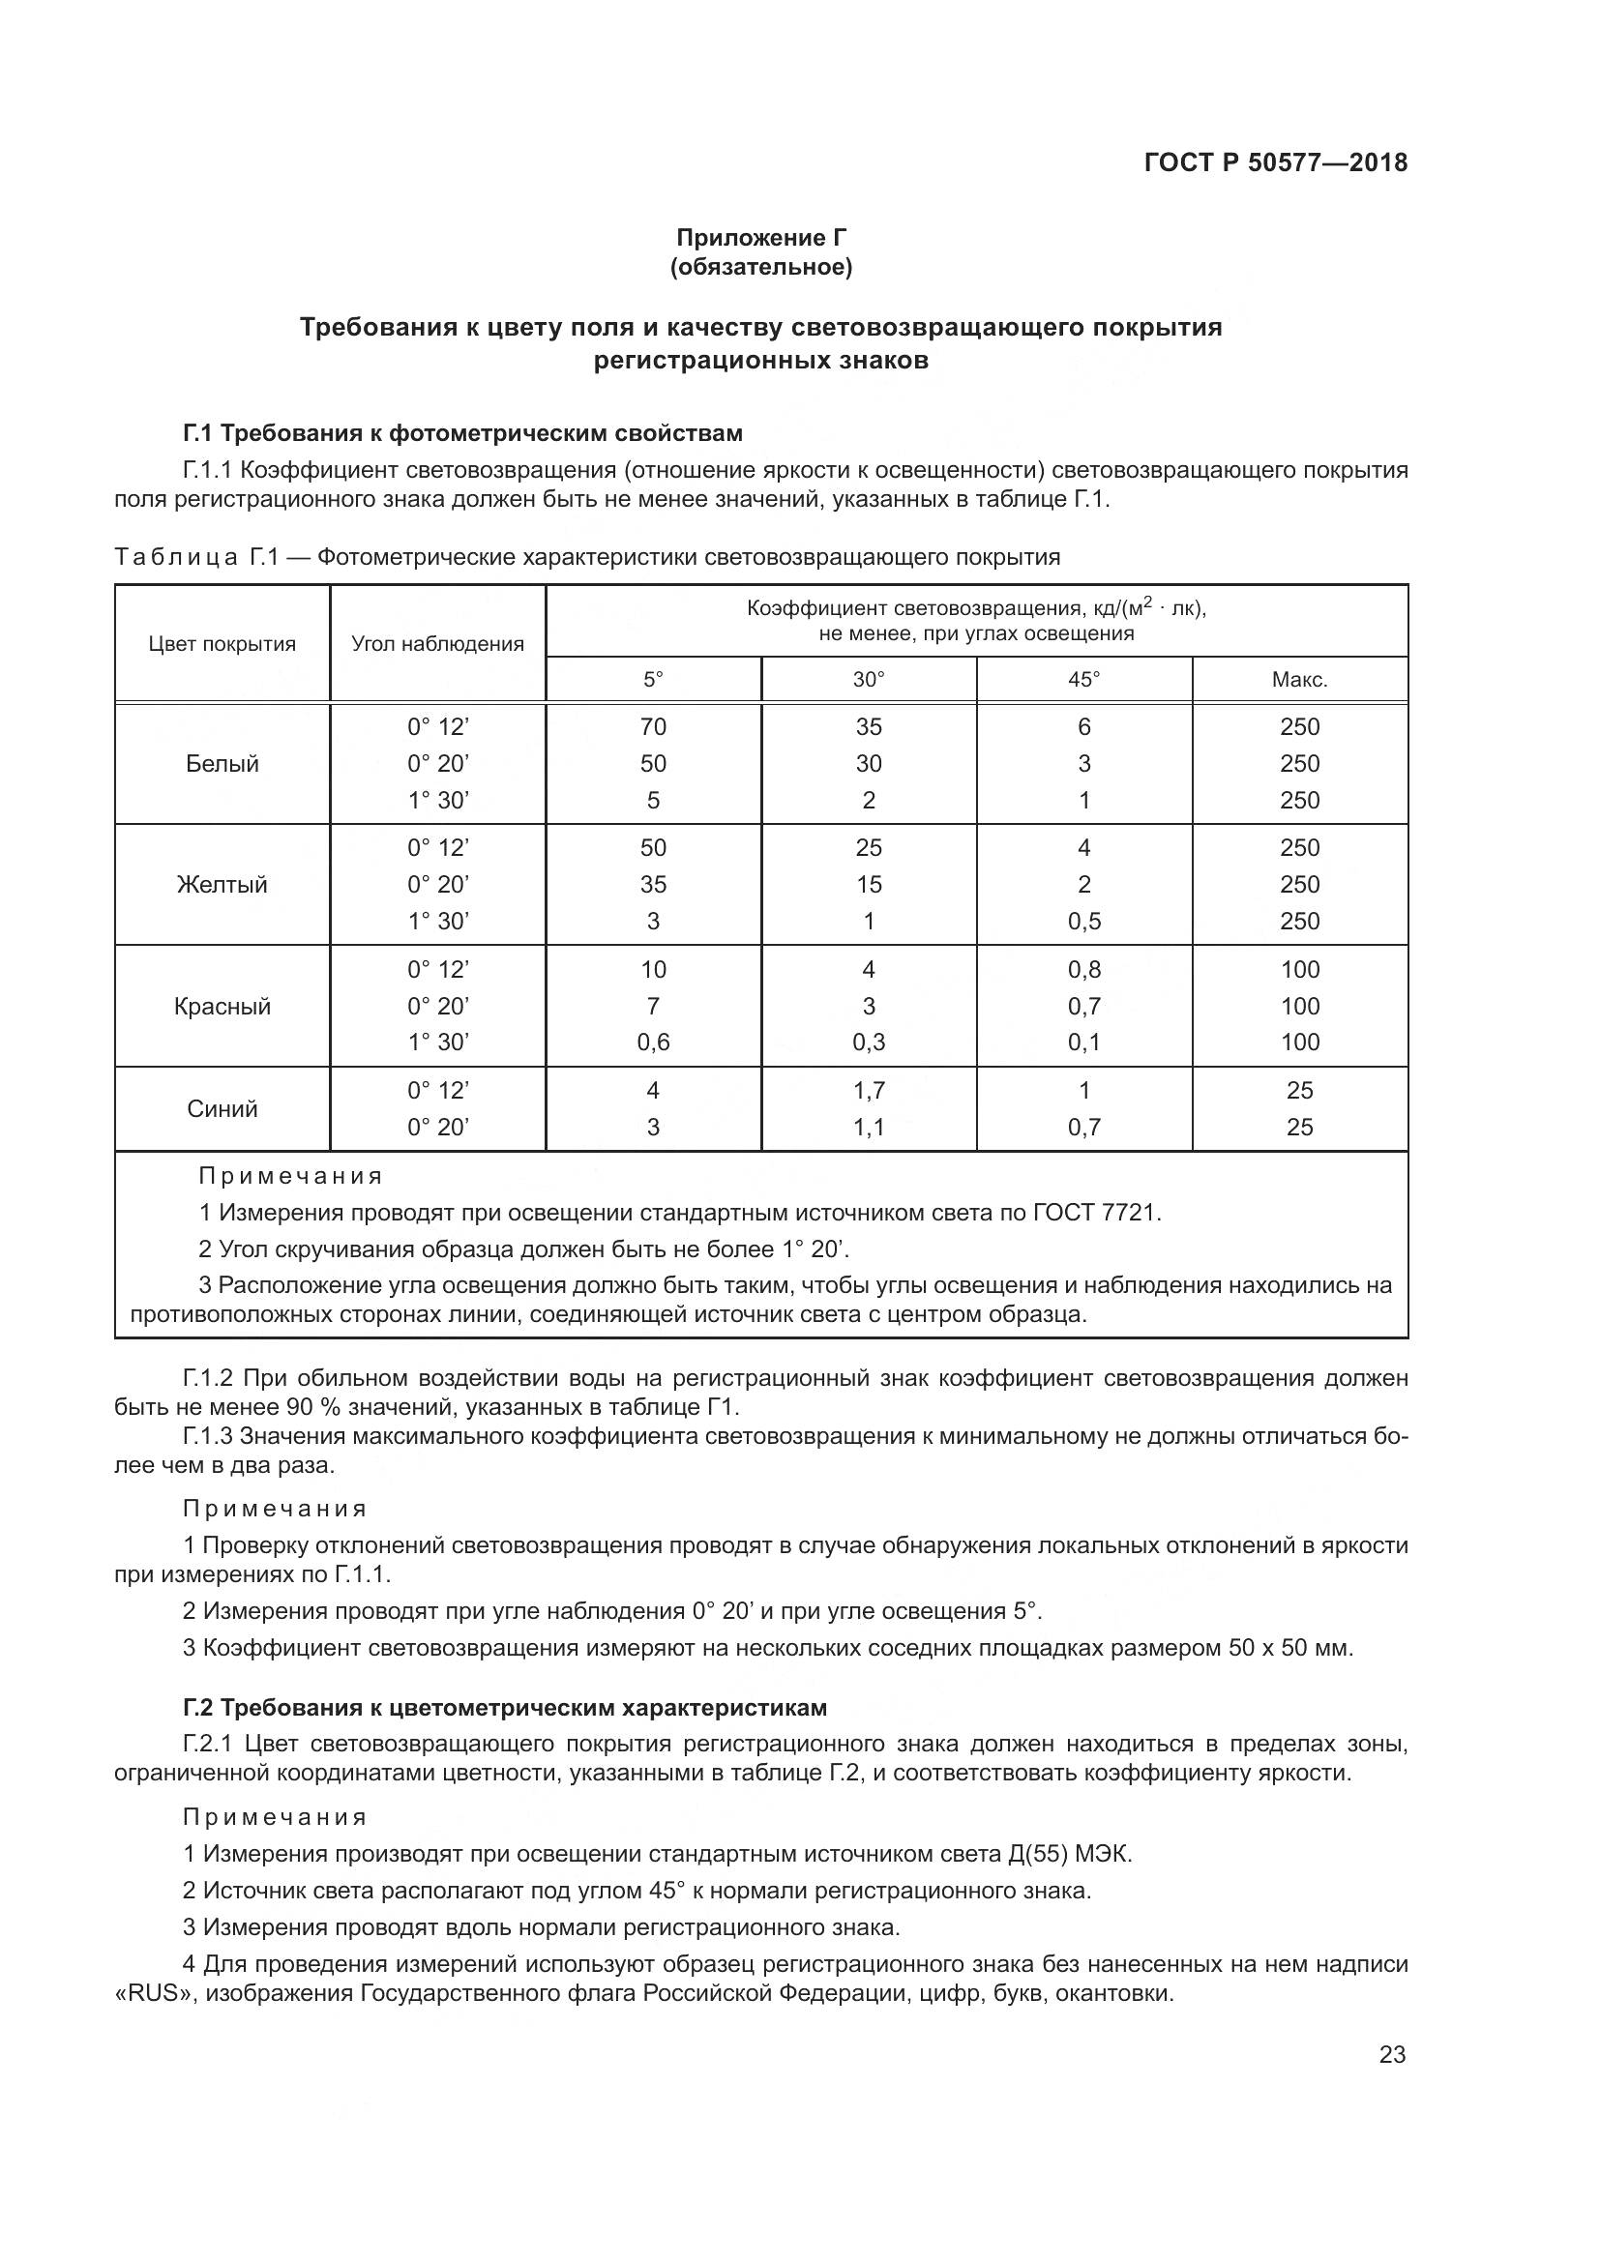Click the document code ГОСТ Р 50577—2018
tap(1276, 162)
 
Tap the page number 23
tap(1392, 2054)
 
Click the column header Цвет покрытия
tap(222, 644)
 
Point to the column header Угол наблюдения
tap(437, 644)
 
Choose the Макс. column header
tap(1299, 680)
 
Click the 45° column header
tap(1083, 680)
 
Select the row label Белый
tap(222, 764)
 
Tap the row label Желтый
tap(222, 885)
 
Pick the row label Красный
tap(222, 1006)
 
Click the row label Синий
tap(222, 1108)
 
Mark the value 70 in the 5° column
tap(653, 727)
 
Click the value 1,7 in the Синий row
tap(868, 1091)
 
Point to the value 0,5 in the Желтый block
tap(1083, 922)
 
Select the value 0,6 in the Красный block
tap(653, 1043)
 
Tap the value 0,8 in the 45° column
tap(1083, 969)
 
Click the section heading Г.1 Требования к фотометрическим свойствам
tap(462, 433)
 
